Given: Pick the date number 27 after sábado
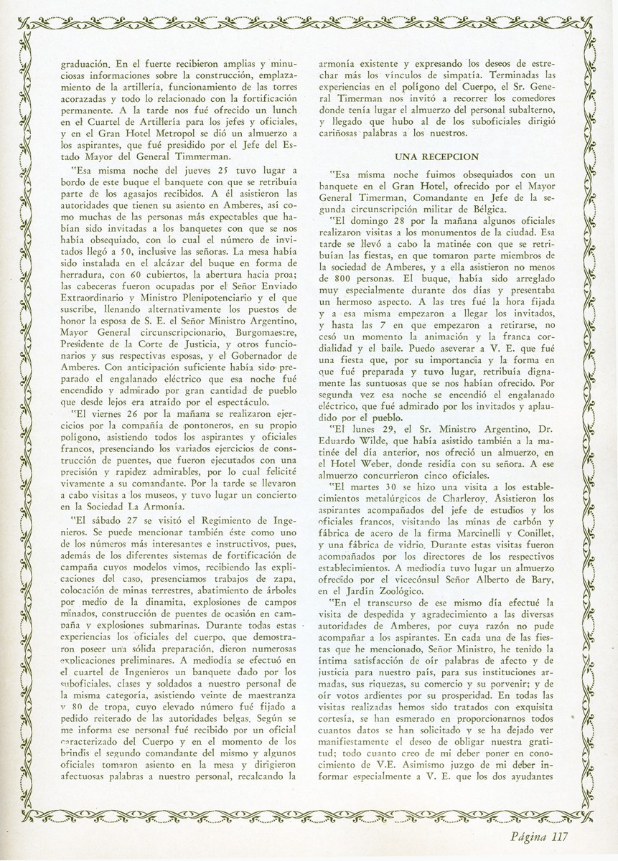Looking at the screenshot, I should pyautogui.click(x=120, y=520).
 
